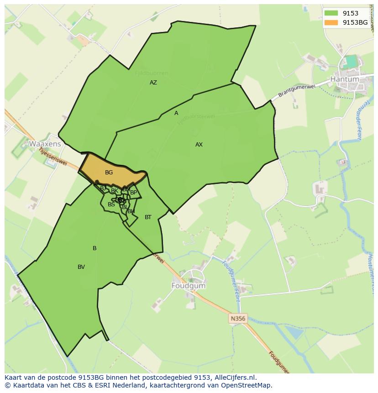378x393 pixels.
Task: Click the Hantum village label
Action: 345,79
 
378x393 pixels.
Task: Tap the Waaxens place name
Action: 45,144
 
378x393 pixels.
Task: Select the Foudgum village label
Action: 189,286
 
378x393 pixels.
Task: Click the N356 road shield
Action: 238,318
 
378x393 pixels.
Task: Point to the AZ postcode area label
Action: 153,83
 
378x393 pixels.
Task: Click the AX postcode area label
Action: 199,145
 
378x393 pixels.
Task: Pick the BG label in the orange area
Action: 109,173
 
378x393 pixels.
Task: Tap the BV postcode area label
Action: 81,267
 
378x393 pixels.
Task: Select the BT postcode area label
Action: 148,217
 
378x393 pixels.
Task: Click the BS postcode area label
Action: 111,204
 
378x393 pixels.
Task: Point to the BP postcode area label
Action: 133,193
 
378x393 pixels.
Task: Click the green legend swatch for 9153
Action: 331,14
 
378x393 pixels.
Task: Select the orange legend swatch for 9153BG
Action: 331,22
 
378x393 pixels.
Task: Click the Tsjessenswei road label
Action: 53,156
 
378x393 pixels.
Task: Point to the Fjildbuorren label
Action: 152,73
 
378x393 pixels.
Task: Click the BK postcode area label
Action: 115,191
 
